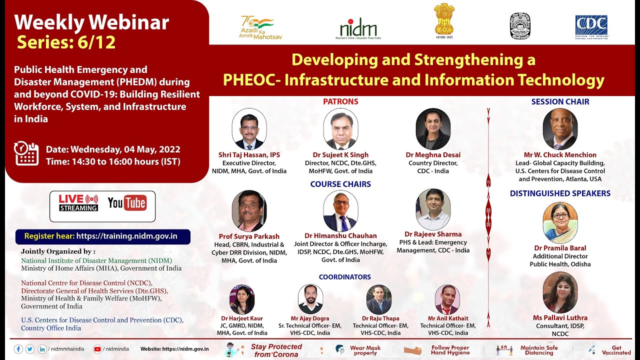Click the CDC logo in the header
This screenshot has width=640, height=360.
click(x=591, y=27)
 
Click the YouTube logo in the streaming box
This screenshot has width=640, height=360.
click(x=127, y=202)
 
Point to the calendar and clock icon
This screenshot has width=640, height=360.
click(x=26, y=153)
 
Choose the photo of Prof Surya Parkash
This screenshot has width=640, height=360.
click(x=249, y=211)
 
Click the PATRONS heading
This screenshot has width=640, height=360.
click(x=340, y=101)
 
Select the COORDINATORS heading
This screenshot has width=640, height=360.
click(x=345, y=277)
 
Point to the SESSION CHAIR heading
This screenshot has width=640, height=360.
click(x=560, y=101)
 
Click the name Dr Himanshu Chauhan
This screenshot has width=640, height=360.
click(x=340, y=236)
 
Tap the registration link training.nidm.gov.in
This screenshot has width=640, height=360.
click(x=127, y=236)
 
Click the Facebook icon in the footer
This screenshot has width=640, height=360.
click(x=18, y=349)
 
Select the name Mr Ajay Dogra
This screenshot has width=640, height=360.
click(x=310, y=318)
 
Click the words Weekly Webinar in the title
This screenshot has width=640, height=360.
click(x=91, y=22)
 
